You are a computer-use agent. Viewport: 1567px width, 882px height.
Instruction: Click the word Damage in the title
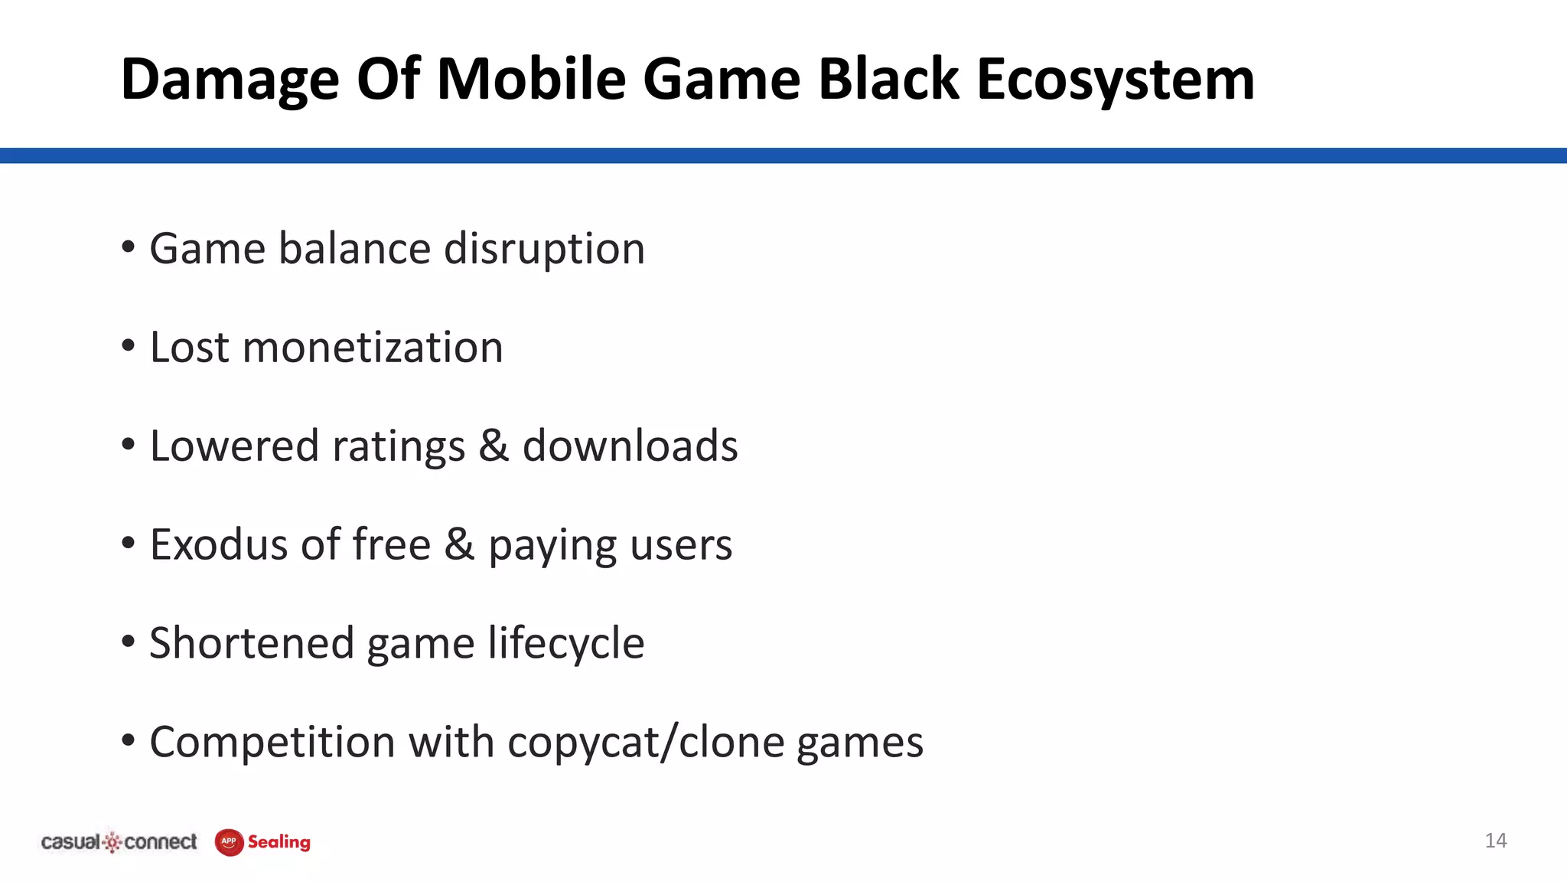coord(230,80)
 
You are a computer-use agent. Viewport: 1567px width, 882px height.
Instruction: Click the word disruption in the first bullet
coord(544,249)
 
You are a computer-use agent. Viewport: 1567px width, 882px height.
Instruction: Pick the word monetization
coord(373,348)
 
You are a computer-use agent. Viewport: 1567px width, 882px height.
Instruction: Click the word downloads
coord(630,446)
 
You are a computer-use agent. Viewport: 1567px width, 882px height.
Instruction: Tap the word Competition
coord(272,742)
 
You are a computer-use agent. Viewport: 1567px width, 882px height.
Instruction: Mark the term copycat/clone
coord(646,743)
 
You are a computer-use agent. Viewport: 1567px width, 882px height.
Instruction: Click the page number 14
coord(1495,841)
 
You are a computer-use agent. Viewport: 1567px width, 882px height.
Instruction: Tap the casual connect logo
coord(119,842)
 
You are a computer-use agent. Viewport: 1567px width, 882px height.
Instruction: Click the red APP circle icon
coord(229,842)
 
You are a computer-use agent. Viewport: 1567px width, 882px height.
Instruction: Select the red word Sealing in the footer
coord(279,842)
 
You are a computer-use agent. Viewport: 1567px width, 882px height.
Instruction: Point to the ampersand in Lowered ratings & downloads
coord(494,446)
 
